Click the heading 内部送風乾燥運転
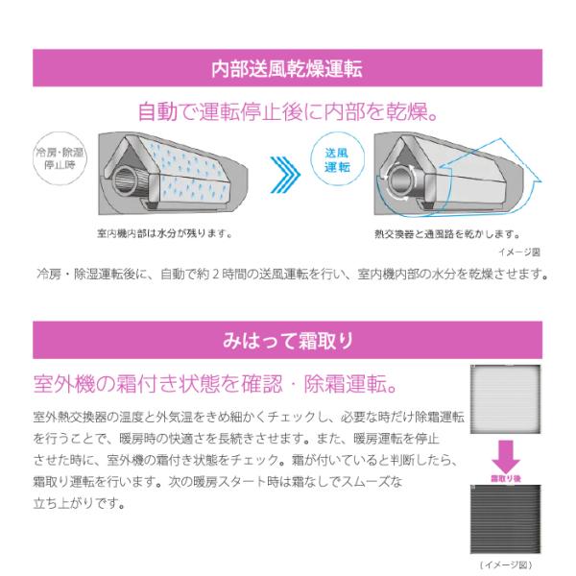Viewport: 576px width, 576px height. [x=287, y=68]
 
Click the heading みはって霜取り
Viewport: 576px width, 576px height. [x=288, y=341]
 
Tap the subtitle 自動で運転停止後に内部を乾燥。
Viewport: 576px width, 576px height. [x=288, y=111]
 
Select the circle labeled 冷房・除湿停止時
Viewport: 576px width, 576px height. [x=60, y=158]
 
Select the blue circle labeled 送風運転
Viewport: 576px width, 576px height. [x=337, y=159]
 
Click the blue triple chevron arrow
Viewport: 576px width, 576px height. [x=285, y=175]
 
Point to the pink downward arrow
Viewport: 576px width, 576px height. [x=506, y=457]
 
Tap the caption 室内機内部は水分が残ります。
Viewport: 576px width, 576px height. [x=164, y=233]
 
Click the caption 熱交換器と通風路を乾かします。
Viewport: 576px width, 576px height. [x=447, y=234]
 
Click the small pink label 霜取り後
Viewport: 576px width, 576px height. [x=506, y=478]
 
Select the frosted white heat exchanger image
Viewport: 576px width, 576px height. [x=506, y=399]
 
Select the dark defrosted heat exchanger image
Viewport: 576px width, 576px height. [x=506, y=518]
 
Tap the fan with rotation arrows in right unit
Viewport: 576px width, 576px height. [x=399, y=181]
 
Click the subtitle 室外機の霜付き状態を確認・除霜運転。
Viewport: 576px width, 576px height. [x=216, y=384]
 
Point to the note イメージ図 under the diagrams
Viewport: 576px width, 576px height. [x=519, y=252]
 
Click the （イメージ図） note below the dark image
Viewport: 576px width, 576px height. [x=506, y=564]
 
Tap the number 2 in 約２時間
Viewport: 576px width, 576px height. [x=215, y=274]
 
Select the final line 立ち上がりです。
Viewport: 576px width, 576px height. [x=80, y=503]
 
